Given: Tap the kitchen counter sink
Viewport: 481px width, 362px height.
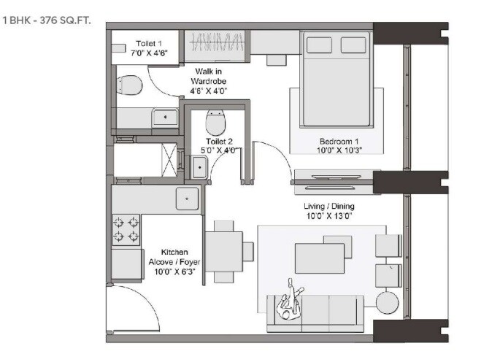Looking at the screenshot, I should (x=186, y=198).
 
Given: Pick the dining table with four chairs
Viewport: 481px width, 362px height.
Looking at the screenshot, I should (x=223, y=251).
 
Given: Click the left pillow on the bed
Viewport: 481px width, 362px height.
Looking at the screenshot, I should (x=320, y=45).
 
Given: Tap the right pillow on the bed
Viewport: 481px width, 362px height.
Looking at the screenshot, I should (x=360, y=45).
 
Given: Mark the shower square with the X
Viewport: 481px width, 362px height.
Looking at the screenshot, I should (x=169, y=159).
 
